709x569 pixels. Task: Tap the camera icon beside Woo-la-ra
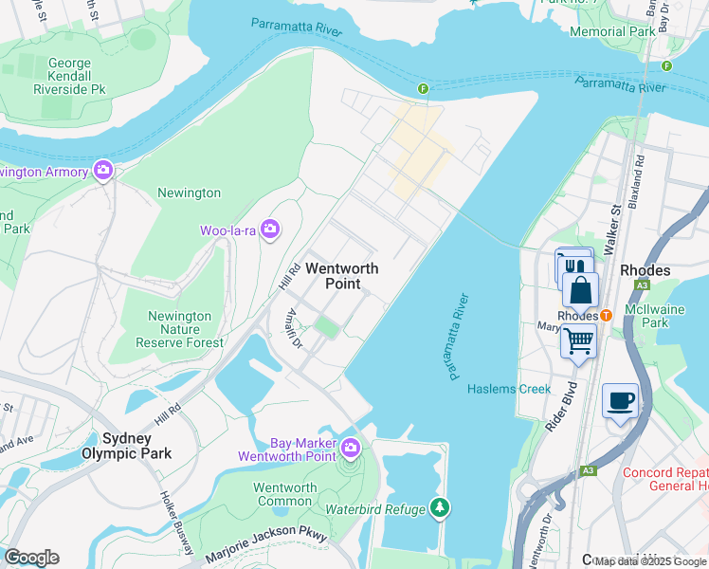(x=270, y=229)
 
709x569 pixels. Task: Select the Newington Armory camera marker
(x=104, y=172)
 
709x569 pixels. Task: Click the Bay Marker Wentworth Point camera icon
(x=351, y=447)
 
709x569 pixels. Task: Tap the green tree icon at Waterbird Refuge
(x=439, y=508)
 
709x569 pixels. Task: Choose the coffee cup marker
(x=620, y=400)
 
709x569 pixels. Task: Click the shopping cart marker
(x=578, y=339)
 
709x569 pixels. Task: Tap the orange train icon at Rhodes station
(x=606, y=316)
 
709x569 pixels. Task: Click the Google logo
(x=31, y=558)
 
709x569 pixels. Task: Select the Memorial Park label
(x=612, y=31)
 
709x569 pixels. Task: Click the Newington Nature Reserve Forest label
(x=180, y=329)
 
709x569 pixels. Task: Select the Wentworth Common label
(x=284, y=494)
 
